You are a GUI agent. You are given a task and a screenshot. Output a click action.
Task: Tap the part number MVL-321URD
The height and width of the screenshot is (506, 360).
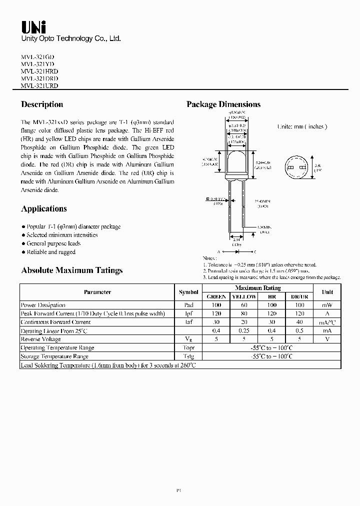click(x=39, y=86)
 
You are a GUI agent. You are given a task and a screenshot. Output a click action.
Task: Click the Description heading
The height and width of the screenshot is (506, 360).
click(x=42, y=104)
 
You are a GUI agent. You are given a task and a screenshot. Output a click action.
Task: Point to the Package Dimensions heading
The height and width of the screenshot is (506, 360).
click(x=223, y=104)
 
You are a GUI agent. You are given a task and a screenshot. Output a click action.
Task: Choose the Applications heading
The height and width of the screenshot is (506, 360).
click(x=44, y=209)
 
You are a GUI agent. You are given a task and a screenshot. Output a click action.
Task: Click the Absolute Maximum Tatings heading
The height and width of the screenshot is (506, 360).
click(x=72, y=270)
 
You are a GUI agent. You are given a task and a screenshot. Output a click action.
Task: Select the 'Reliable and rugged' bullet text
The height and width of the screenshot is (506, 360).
click(x=51, y=252)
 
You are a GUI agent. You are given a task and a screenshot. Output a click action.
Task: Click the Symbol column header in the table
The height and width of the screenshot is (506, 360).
click(x=188, y=292)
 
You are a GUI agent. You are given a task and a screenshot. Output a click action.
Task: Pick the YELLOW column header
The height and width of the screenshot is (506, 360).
click(x=244, y=296)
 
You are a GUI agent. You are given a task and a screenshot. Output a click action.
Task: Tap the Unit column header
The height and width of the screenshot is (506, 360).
click(x=327, y=292)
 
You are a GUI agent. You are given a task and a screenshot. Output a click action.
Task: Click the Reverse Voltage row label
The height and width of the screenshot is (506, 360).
click(x=41, y=339)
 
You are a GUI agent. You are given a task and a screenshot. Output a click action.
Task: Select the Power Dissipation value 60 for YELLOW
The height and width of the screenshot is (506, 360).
click(x=244, y=305)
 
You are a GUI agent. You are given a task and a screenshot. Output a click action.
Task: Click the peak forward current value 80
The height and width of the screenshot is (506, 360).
click(x=244, y=313)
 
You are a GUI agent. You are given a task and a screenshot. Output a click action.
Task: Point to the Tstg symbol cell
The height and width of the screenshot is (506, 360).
click(x=188, y=356)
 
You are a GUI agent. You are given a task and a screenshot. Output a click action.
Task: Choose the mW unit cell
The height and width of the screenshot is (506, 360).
click(x=327, y=305)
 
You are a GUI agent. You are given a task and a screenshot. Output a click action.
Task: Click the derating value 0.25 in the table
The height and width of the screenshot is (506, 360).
click(x=244, y=331)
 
